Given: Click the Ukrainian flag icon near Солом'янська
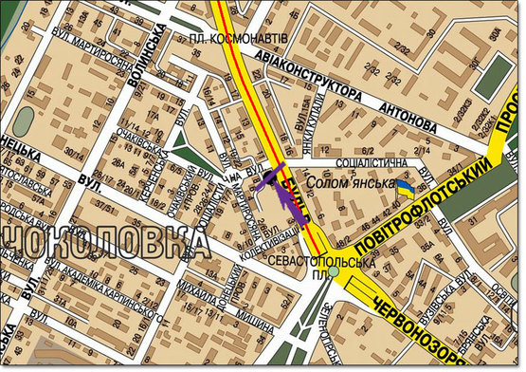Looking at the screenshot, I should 405,192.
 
